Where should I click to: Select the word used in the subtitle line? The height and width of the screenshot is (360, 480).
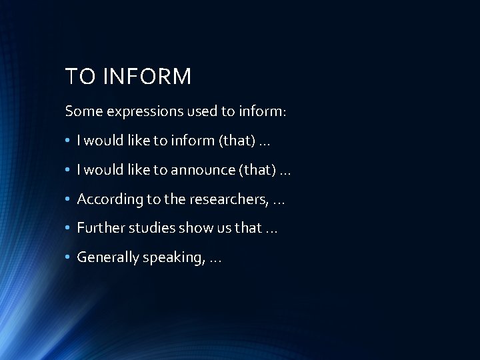(196, 111)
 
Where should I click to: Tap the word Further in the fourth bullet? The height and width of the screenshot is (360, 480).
(98, 227)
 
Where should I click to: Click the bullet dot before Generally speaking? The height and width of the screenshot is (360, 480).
(69, 257)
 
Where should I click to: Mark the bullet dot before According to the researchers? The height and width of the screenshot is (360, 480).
(69, 199)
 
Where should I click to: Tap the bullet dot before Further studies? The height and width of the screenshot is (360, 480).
(69, 227)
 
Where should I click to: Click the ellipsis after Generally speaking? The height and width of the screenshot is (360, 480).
(215, 259)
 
